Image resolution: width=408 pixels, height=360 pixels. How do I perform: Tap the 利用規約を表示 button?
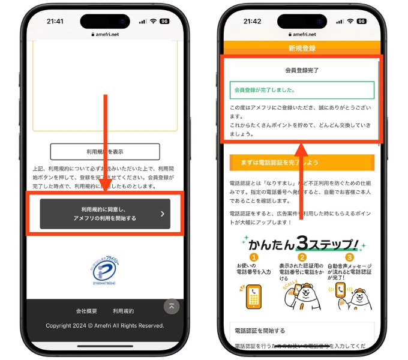click(105, 151)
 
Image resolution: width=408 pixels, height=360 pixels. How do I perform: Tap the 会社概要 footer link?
click(86, 311)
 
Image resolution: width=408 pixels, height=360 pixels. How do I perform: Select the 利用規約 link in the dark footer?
click(124, 311)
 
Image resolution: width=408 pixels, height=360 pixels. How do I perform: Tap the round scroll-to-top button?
click(172, 306)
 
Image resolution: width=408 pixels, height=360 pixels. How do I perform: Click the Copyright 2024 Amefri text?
click(105, 326)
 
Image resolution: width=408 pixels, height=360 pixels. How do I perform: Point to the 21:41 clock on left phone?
click(55, 21)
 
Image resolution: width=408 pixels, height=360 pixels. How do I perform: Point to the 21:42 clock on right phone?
click(253, 21)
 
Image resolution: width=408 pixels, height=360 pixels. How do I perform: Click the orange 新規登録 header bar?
click(302, 48)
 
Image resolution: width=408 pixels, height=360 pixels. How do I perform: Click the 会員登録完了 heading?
click(302, 70)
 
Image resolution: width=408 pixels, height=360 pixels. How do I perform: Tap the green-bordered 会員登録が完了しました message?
click(302, 90)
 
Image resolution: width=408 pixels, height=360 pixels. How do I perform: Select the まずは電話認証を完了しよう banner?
click(302, 163)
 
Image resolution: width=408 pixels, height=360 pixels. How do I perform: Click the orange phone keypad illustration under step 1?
click(254, 295)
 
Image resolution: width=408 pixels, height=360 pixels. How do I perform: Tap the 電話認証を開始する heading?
click(259, 331)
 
